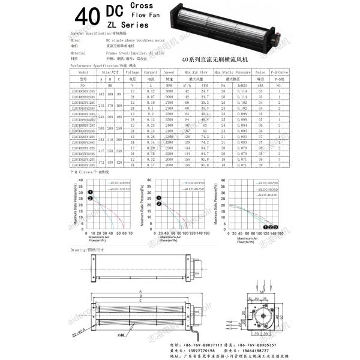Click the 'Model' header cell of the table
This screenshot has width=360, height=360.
[83, 71]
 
